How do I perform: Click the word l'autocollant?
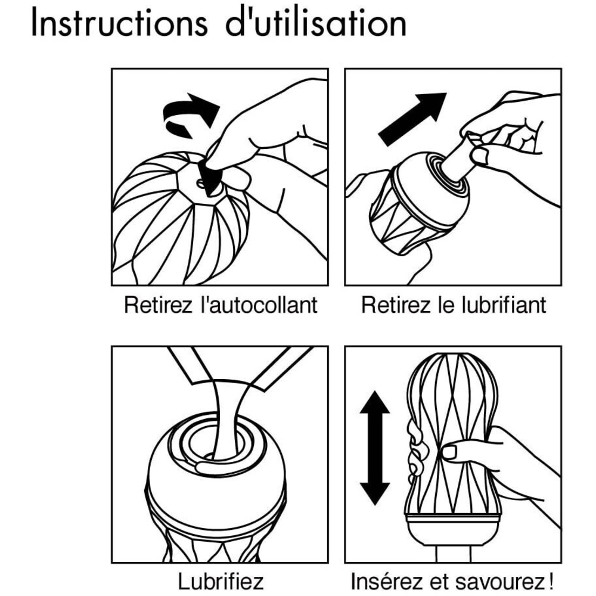[x=259, y=305]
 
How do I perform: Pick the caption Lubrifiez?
[x=221, y=581]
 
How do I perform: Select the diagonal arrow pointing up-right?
[x=413, y=118]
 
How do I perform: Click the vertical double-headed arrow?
[x=375, y=448]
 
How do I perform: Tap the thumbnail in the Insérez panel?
[x=449, y=452]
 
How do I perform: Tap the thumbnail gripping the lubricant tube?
[x=479, y=156]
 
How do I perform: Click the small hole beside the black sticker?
[x=200, y=184]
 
